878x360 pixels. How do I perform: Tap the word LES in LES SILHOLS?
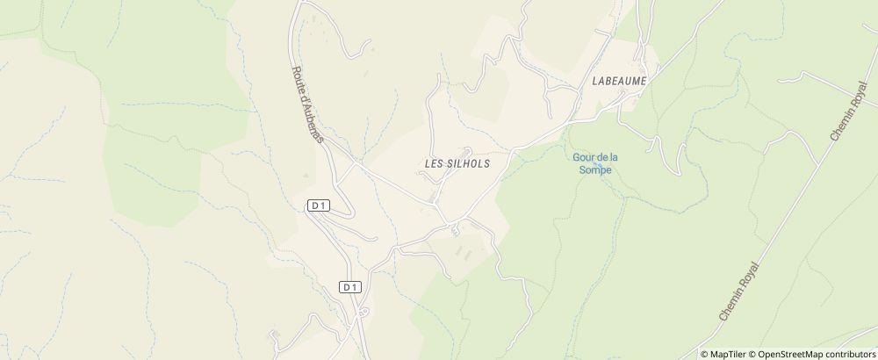(x=436, y=164)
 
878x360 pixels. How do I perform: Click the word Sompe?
(x=595, y=170)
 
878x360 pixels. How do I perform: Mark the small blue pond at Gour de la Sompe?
(x=599, y=164)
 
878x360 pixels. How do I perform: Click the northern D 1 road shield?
(x=319, y=205)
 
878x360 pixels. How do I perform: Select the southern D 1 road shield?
(x=350, y=287)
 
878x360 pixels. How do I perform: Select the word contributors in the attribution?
(x=850, y=354)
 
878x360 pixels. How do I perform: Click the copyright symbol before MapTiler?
(x=705, y=354)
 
